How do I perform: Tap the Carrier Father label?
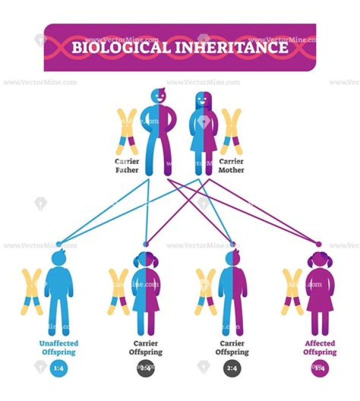click(x=127, y=166)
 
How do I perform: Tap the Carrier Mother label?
click(x=231, y=166)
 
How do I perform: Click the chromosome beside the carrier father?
click(x=127, y=131)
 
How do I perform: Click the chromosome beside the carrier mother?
click(x=231, y=131)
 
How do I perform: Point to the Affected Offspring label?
click(x=320, y=347)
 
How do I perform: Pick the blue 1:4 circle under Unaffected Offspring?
click(x=58, y=369)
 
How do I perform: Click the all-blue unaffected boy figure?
click(x=59, y=295)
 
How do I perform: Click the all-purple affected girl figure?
click(x=320, y=295)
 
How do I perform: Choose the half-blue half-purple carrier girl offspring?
click(x=145, y=295)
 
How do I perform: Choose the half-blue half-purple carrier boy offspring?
click(x=232, y=295)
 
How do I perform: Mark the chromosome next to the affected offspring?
click(x=293, y=292)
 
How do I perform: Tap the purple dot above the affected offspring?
click(x=319, y=244)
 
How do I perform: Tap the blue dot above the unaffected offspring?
click(x=58, y=244)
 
